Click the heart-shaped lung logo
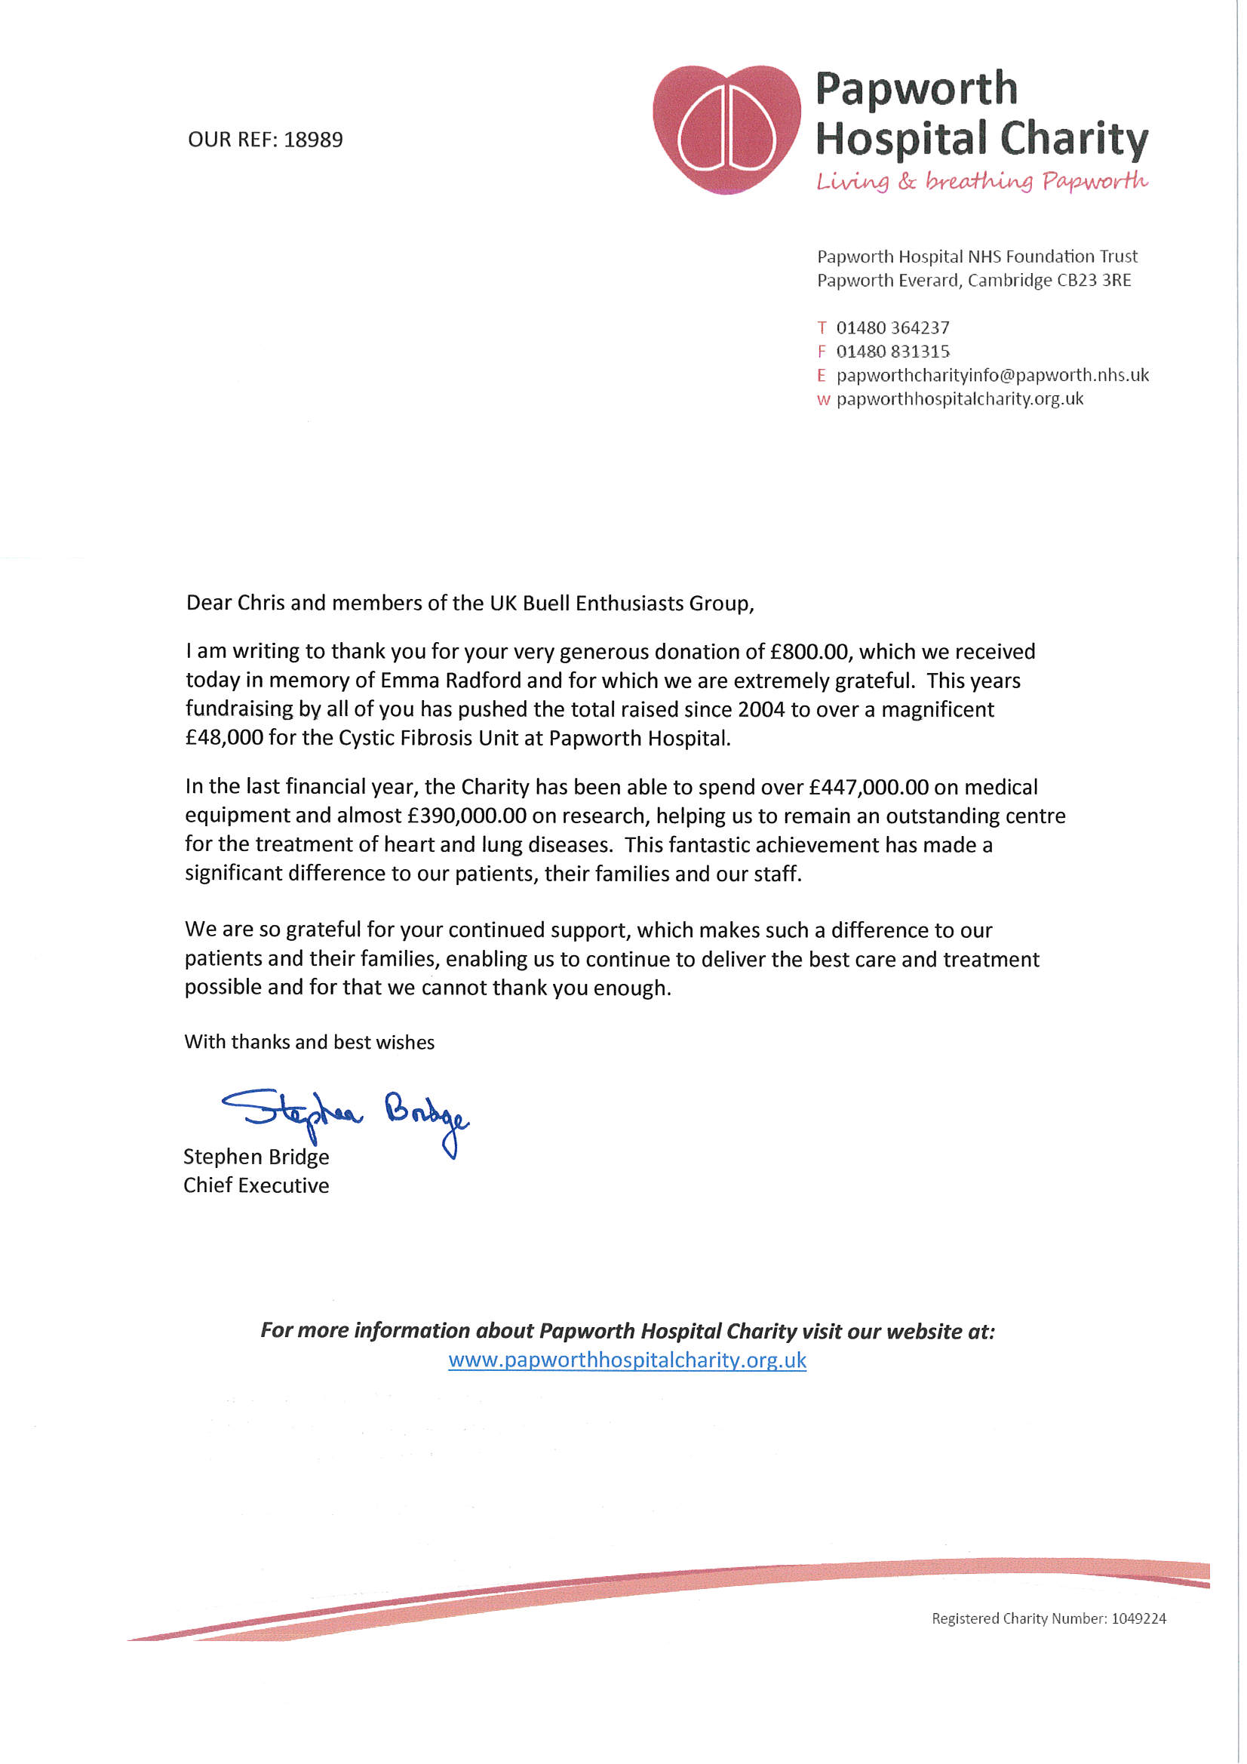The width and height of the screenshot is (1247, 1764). tap(726, 128)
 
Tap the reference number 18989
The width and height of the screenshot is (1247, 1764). tap(313, 140)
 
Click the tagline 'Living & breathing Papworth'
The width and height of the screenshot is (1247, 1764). tap(981, 181)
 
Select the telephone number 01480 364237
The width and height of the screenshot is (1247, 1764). tap(892, 328)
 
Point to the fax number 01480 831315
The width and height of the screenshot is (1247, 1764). tap(892, 352)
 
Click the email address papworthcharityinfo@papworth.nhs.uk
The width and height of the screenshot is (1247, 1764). tap(992, 375)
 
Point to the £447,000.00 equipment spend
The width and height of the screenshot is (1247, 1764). tap(868, 788)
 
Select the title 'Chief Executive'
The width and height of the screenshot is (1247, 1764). tap(256, 1185)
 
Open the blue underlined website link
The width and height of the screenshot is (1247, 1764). tap(627, 1360)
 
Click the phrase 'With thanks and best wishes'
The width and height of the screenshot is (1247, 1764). tap(309, 1043)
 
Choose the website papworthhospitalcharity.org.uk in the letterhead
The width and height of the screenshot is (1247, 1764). tap(959, 398)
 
